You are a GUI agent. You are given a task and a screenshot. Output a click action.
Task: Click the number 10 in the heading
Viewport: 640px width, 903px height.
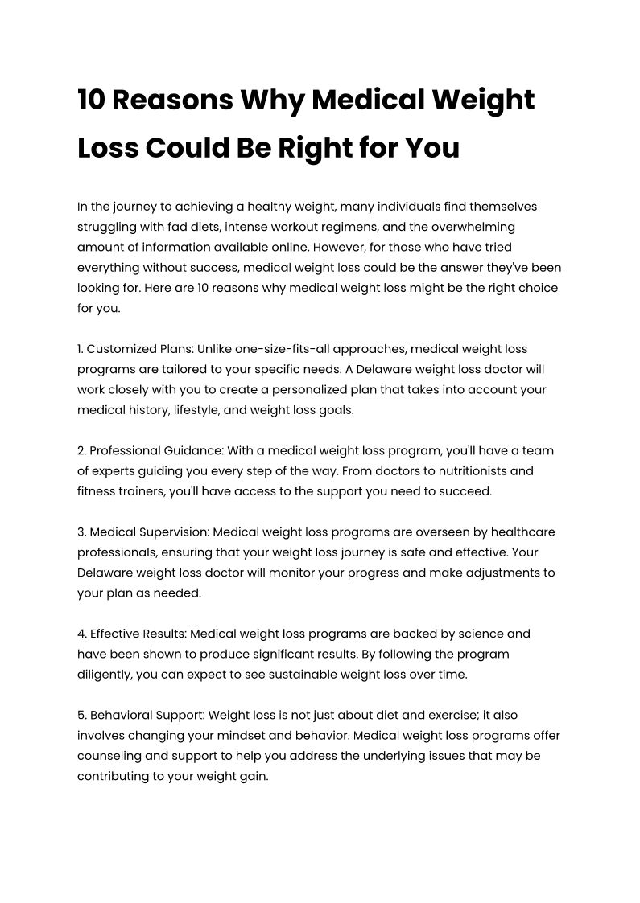point(91,101)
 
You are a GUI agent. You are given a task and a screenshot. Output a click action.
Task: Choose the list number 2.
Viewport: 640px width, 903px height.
point(81,451)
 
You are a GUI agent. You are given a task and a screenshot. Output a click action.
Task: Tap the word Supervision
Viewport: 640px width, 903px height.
point(173,532)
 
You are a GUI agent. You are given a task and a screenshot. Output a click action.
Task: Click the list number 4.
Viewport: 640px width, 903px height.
point(81,634)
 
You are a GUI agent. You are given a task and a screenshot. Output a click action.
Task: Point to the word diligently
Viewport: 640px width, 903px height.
point(105,675)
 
